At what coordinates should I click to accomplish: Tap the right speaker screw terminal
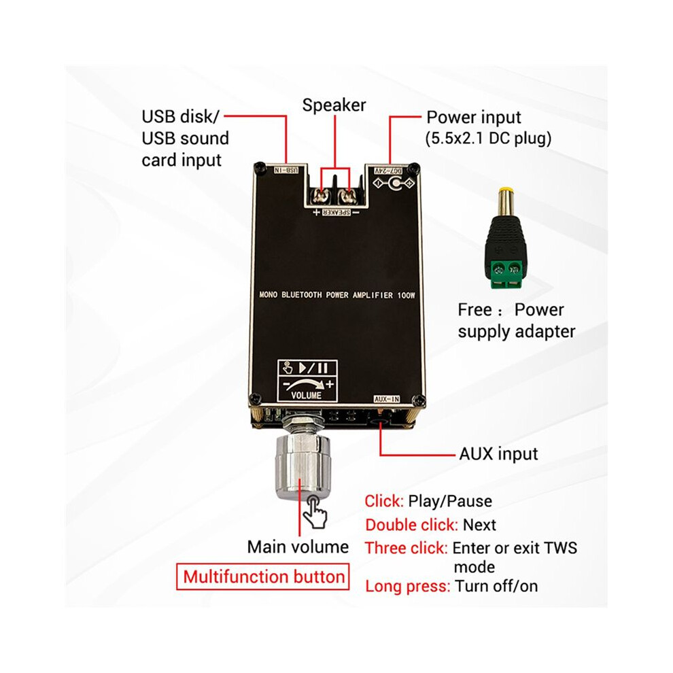346,196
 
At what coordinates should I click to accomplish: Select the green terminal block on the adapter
506,273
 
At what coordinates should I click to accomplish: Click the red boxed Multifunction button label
263,576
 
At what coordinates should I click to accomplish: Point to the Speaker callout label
334,105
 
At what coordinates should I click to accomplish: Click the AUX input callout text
498,453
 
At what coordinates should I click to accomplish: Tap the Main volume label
298,547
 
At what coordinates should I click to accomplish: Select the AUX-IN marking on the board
387,399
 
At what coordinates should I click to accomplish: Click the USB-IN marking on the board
287,170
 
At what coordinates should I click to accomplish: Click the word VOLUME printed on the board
306,395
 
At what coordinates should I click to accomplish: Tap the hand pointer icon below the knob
315,511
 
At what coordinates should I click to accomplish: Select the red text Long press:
408,586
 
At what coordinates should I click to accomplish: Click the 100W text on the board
406,295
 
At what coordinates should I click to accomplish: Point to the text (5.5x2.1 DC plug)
489,138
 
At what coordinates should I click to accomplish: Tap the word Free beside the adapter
474,309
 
